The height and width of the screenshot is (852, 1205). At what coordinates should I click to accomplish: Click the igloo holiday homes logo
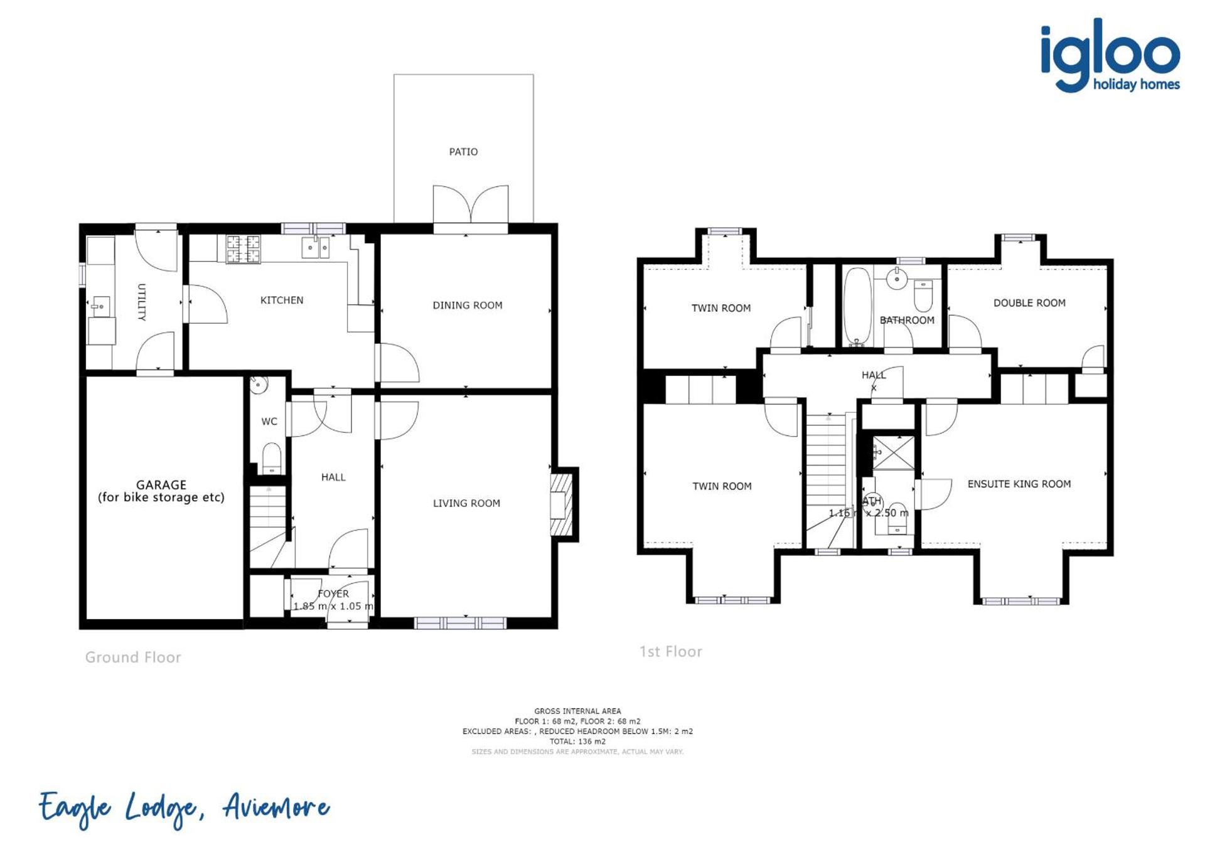(1110, 56)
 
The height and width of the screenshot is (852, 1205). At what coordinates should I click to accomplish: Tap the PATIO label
(463, 152)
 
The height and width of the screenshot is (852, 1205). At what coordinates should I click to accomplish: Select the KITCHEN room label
(282, 301)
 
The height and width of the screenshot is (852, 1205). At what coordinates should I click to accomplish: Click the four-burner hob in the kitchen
(243, 248)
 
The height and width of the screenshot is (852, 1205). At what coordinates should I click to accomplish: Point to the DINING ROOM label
(467, 306)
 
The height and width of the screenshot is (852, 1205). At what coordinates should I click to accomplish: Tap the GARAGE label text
(161, 485)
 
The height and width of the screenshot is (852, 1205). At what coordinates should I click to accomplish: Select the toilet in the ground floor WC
(271, 457)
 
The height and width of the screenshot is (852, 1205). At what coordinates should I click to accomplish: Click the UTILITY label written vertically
(141, 302)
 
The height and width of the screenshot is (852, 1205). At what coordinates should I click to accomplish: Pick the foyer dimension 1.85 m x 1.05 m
(333, 607)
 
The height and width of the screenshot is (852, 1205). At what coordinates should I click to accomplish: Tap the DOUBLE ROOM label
(1029, 303)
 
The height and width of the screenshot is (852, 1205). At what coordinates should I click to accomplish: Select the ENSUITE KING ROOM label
(1019, 484)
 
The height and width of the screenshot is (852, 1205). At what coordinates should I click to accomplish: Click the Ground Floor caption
(133, 658)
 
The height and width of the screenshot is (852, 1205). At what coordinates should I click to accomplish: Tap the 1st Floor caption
(670, 652)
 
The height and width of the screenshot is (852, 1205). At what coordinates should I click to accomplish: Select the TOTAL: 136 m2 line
(577, 742)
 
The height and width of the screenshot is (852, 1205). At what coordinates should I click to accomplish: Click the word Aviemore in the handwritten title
(277, 807)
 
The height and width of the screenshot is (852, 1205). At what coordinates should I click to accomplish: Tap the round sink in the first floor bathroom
(897, 279)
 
